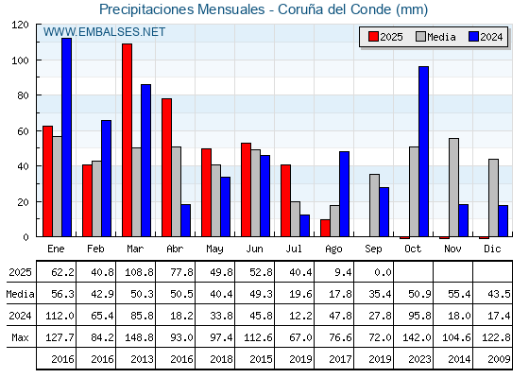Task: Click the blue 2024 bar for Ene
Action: click(x=66, y=137)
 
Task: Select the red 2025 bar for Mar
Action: click(x=127, y=140)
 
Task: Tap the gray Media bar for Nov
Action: click(x=453, y=187)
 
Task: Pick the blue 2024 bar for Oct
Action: click(x=424, y=151)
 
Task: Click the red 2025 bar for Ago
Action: click(x=325, y=228)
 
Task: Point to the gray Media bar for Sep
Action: click(x=374, y=205)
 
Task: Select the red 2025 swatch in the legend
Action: click(x=373, y=37)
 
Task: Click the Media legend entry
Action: click(x=435, y=37)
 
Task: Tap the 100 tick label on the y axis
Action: click(x=20, y=60)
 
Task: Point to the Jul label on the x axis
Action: click(x=294, y=249)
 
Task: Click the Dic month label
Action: click(x=492, y=249)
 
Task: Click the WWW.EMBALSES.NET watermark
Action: click(x=104, y=32)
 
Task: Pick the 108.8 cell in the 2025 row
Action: click(x=140, y=272)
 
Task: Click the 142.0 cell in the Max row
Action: click(x=417, y=337)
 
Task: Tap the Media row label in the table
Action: click(x=20, y=294)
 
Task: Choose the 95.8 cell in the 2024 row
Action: click(x=419, y=316)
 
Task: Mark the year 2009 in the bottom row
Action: click(x=499, y=359)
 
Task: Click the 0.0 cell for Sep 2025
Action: click(x=383, y=272)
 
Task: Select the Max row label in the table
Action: click(x=20, y=337)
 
